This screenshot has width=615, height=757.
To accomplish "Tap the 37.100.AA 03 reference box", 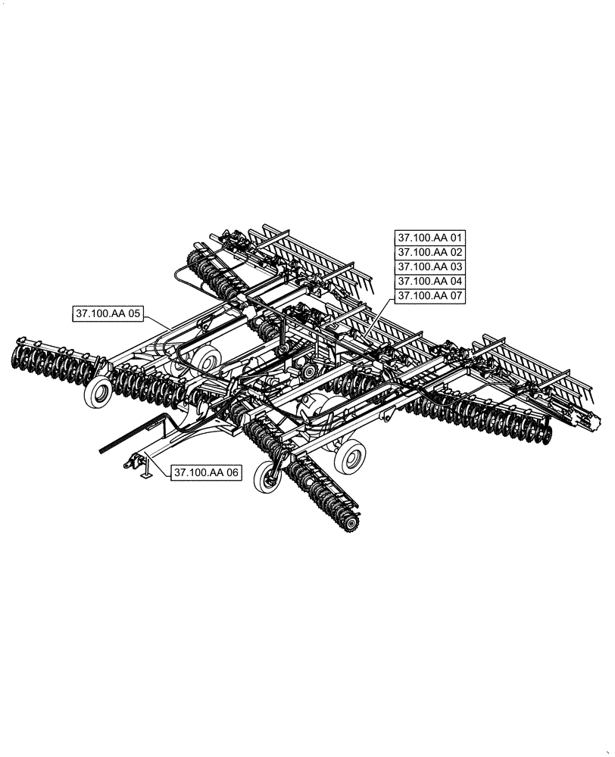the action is coord(429,266).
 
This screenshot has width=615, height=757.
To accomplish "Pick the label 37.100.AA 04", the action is coord(429,281).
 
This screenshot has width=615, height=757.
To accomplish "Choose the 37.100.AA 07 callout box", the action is coord(429,296).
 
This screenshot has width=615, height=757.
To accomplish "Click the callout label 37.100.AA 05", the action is coord(108,313).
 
